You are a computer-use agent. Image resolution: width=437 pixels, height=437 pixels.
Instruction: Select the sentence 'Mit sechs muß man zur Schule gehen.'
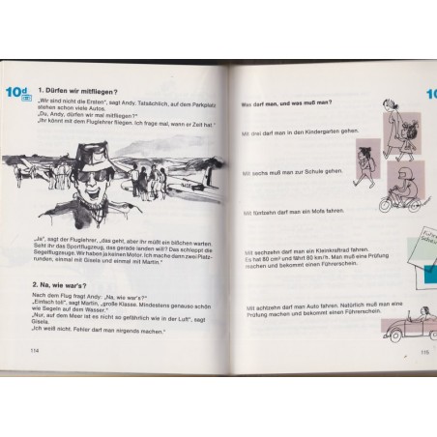pyautogui.click(x=290, y=171)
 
